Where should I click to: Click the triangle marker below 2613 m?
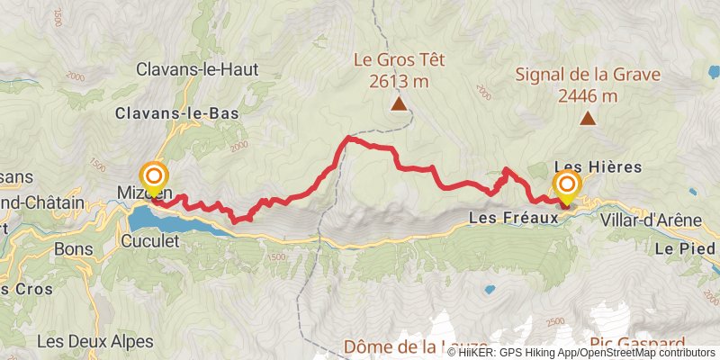(x=399, y=104)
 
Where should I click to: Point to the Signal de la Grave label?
(x=588, y=74)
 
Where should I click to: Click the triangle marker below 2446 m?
(x=588, y=118)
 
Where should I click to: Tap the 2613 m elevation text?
(x=399, y=82)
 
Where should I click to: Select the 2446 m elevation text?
(x=588, y=94)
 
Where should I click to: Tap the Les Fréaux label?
(x=509, y=219)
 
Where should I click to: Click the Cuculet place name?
(x=152, y=240)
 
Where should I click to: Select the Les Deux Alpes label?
(x=85, y=341)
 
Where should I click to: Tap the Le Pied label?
(x=687, y=247)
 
